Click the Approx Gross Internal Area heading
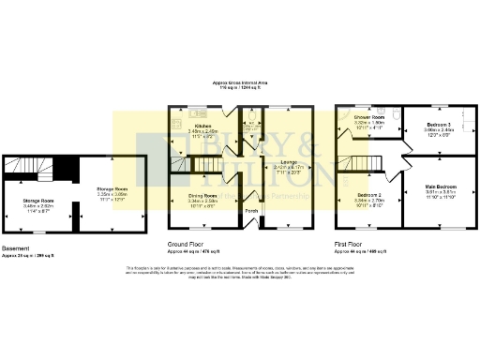[240, 82]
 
